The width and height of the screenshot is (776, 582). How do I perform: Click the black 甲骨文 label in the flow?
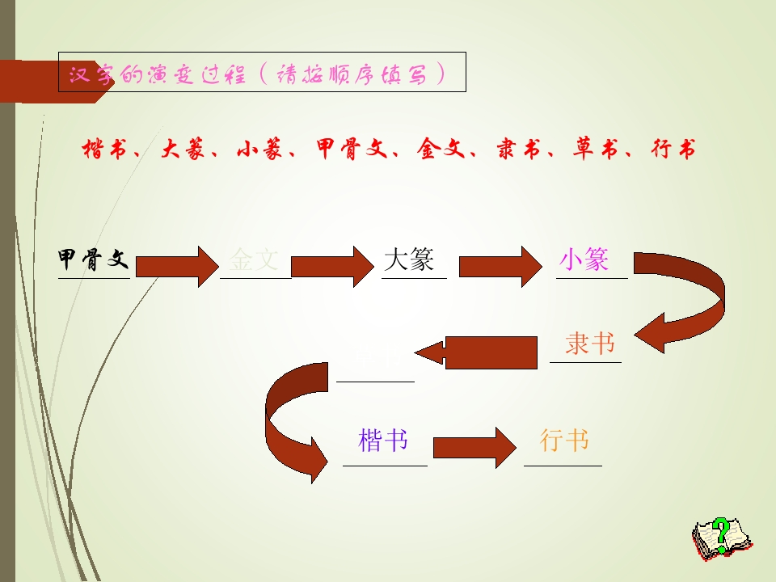(x=94, y=259)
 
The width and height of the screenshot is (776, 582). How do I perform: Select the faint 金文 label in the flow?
(x=254, y=259)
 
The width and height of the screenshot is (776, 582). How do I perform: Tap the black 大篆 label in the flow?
(x=409, y=259)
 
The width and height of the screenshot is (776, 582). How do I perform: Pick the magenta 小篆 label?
(x=584, y=259)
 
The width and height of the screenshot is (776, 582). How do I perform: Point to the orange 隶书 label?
(x=590, y=344)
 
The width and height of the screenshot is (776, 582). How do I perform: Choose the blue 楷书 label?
(x=383, y=441)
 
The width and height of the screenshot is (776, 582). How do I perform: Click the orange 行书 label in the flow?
(x=564, y=441)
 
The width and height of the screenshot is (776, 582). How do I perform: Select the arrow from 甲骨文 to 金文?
(x=177, y=264)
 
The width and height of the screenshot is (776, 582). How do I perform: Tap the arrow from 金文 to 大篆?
(x=334, y=264)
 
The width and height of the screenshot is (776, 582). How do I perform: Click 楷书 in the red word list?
(x=105, y=150)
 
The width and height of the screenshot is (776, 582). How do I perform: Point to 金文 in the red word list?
(x=440, y=150)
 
